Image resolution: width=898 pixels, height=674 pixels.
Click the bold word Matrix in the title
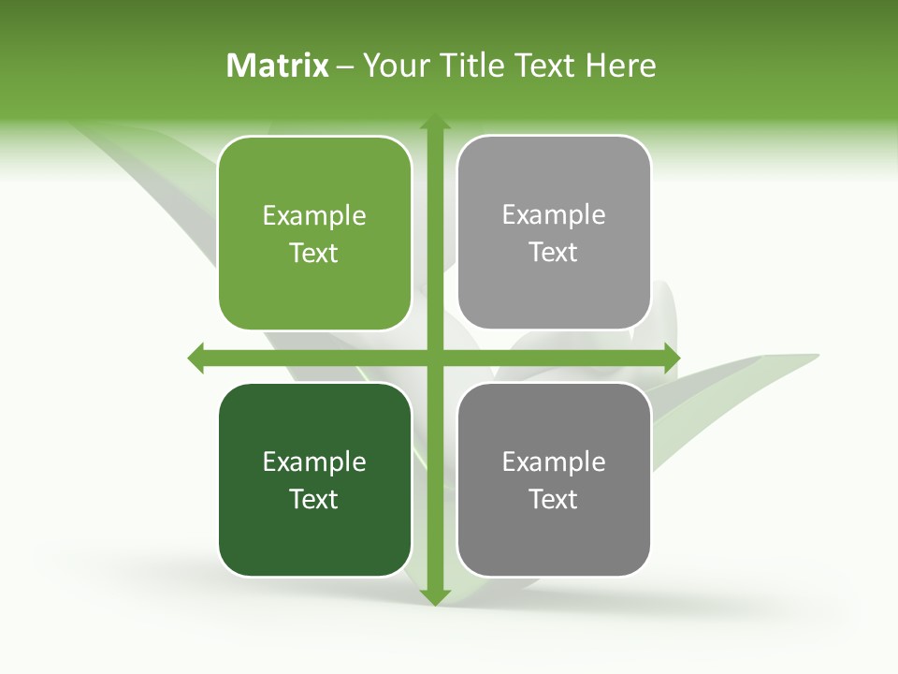278,66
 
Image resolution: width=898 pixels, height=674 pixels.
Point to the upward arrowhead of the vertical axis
434,123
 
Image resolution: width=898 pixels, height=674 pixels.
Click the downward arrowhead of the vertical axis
434,596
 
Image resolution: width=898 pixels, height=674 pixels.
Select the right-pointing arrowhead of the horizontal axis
671,358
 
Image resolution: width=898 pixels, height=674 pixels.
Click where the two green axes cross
434,358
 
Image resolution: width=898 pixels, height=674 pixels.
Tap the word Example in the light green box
314,216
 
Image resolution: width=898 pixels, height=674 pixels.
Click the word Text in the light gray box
554,253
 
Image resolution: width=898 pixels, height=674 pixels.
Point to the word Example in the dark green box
314,462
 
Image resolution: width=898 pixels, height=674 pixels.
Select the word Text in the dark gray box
554,499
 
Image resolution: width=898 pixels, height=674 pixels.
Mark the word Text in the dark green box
314,499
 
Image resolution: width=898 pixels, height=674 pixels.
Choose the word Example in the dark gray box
554,462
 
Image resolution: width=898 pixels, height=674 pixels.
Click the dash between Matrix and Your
345,67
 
